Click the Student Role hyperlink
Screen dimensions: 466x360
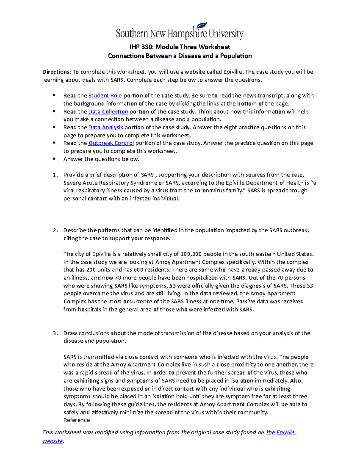click(x=105, y=96)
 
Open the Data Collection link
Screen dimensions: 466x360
click(x=108, y=112)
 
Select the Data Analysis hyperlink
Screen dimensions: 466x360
click(x=106, y=128)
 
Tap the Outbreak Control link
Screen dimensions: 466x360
click(x=111, y=143)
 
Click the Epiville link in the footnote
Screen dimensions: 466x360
click(x=280, y=432)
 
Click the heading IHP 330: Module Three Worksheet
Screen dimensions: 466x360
click(x=180, y=47)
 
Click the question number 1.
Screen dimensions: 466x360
click(x=54, y=175)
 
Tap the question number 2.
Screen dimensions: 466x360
click(x=55, y=230)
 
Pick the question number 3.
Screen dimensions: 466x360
click(x=55, y=333)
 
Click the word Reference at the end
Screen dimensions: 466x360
click(x=76, y=420)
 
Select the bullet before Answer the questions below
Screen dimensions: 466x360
click(x=54, y=159)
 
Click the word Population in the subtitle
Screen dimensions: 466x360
click(x=236, y=56)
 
